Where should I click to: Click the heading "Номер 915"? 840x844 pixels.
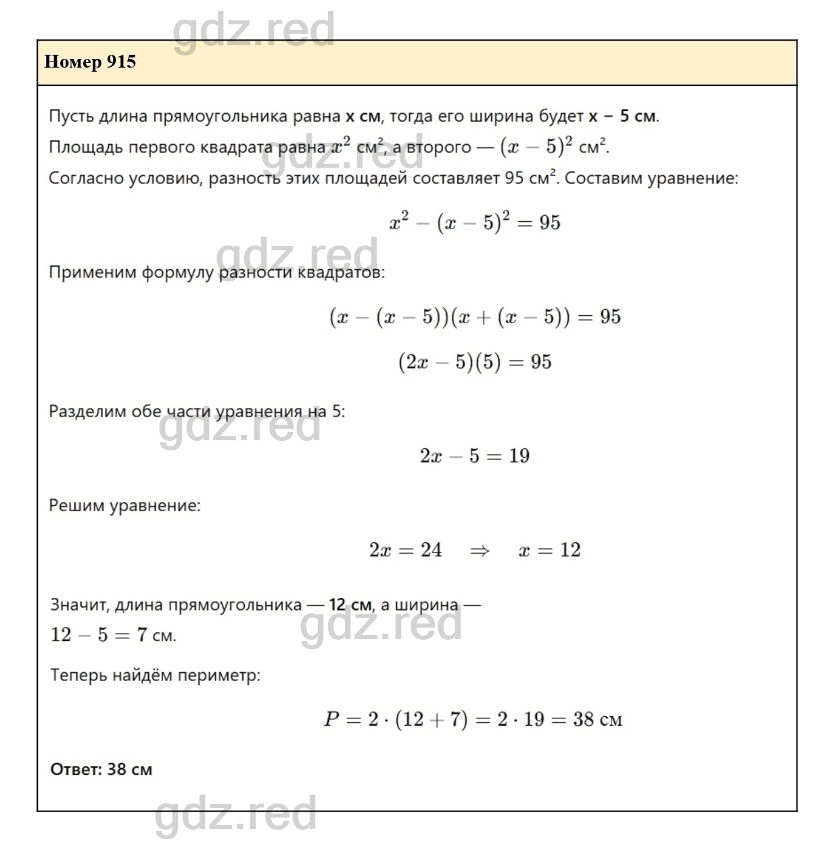(x=90, y=62)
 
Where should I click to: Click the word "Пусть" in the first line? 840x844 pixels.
(x=71, y=116)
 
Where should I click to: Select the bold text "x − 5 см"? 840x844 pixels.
(x=622, y=116)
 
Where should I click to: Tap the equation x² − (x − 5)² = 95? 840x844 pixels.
(x=475, y=222)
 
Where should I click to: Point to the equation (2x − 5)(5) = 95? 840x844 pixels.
(x=475, y=362)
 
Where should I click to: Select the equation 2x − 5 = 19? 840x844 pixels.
(x=475, y=456)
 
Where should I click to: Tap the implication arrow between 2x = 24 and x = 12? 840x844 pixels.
(x=480, y=550)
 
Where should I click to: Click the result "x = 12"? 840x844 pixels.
(x=549, y=550)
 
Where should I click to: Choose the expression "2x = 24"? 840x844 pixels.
(x=405, y=550)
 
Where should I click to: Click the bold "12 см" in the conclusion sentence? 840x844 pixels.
(x=350, y=605)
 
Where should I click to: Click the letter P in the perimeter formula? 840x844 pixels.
(x=331, y=720)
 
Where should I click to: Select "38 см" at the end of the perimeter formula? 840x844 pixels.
(x=597, y=720)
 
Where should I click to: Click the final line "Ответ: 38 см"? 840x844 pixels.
(x=101, y=770)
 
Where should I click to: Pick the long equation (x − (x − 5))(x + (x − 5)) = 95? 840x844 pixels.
(x=475, y=317)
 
